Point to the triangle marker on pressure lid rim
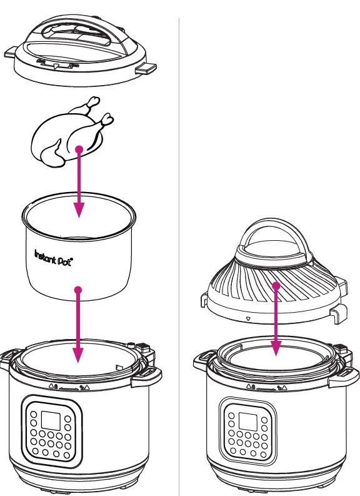point(56,64)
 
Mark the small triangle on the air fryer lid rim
point(249,318)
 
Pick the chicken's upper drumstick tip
point(93,100)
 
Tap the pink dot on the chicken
point(79,149)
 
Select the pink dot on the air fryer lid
point(276,286)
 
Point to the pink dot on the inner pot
point(77,290)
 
